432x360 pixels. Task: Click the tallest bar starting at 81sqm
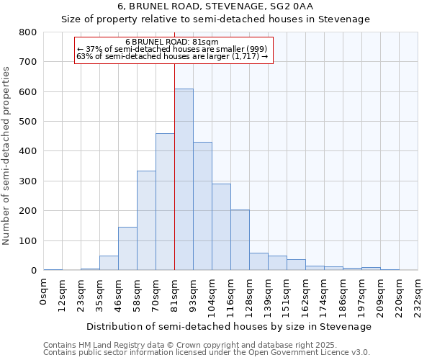click(x=184, y=180)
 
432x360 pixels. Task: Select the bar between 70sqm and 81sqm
click(x=165, y=202)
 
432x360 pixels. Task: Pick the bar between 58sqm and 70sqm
click(x=146, y=220)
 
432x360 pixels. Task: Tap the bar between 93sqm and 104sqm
click(x=202, y=206)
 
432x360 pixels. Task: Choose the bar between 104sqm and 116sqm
click(x=221, y=227)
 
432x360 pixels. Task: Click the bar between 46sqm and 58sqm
click(x=127, y=248)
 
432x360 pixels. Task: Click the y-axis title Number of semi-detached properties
click(x=7, y=155)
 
